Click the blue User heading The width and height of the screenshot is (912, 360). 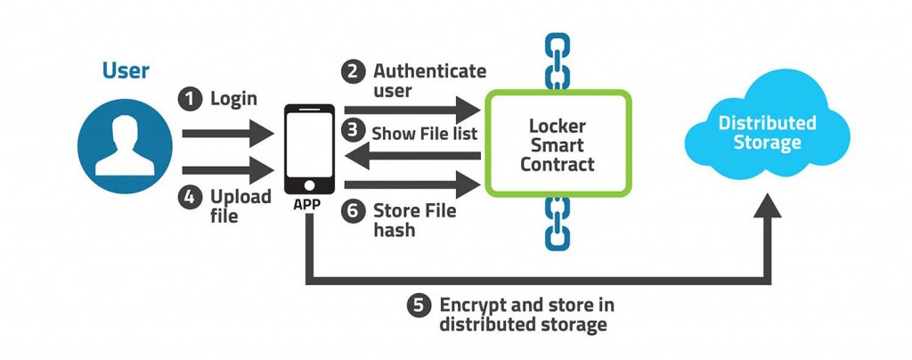tap(126, 70)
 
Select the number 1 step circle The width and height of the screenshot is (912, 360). tap(189, 99)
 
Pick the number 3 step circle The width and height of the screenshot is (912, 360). tap(355, 132)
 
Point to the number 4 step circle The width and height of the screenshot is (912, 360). tap(189, 196)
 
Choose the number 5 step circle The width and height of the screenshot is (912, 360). tap(419, 306)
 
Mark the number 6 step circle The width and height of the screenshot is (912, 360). tap(354, 212)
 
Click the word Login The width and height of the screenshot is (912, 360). tap(233, 99)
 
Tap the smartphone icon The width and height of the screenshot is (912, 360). tap(309, 148)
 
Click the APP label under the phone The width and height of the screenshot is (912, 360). tap(309, 202)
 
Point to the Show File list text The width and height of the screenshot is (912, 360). tap(424, 133)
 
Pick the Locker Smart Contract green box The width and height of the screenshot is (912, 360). tap(558, 142)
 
